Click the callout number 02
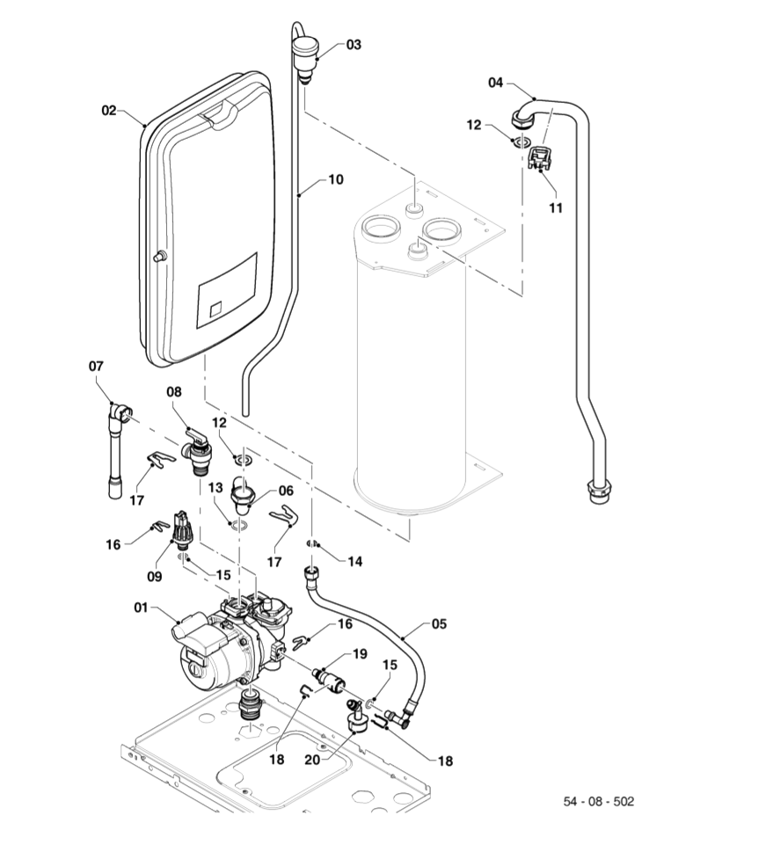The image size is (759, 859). tap(109, 111)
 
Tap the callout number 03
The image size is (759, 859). tap(353, 44)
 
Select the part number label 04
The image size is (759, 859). tap(496, 83)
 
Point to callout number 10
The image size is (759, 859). tap(336, 179)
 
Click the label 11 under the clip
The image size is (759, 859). tap(555, 208)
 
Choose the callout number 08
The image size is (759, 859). tap(174, 391)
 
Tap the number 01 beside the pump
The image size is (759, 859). tap(142, 607)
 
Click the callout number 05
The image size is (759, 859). tap(439, 624)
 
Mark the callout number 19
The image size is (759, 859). tap(360, 653)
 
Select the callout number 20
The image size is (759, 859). tap(313, 759)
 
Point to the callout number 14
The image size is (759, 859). tap(355, 561)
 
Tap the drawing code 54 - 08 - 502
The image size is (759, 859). tap(598, 802)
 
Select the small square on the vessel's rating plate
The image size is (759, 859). tap(216, 309)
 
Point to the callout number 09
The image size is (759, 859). tap(156, 578)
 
